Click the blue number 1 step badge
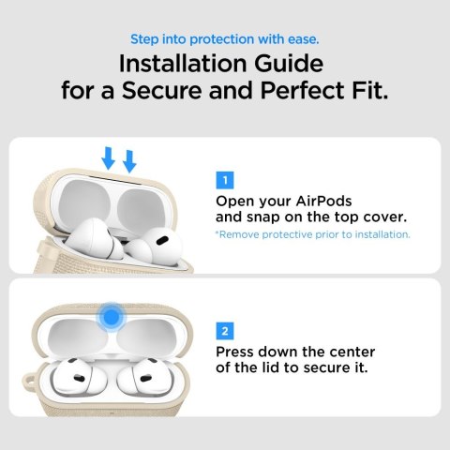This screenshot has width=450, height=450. (x=223, y=179)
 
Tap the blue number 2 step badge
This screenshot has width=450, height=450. (x=223, y=331)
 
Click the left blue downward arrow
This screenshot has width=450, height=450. (x=109, y=158)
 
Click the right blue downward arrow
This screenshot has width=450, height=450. (x=129, y=162)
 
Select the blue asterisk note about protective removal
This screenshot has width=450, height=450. (x=312, y=233)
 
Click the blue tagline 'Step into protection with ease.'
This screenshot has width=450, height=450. (x=224, y=39)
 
